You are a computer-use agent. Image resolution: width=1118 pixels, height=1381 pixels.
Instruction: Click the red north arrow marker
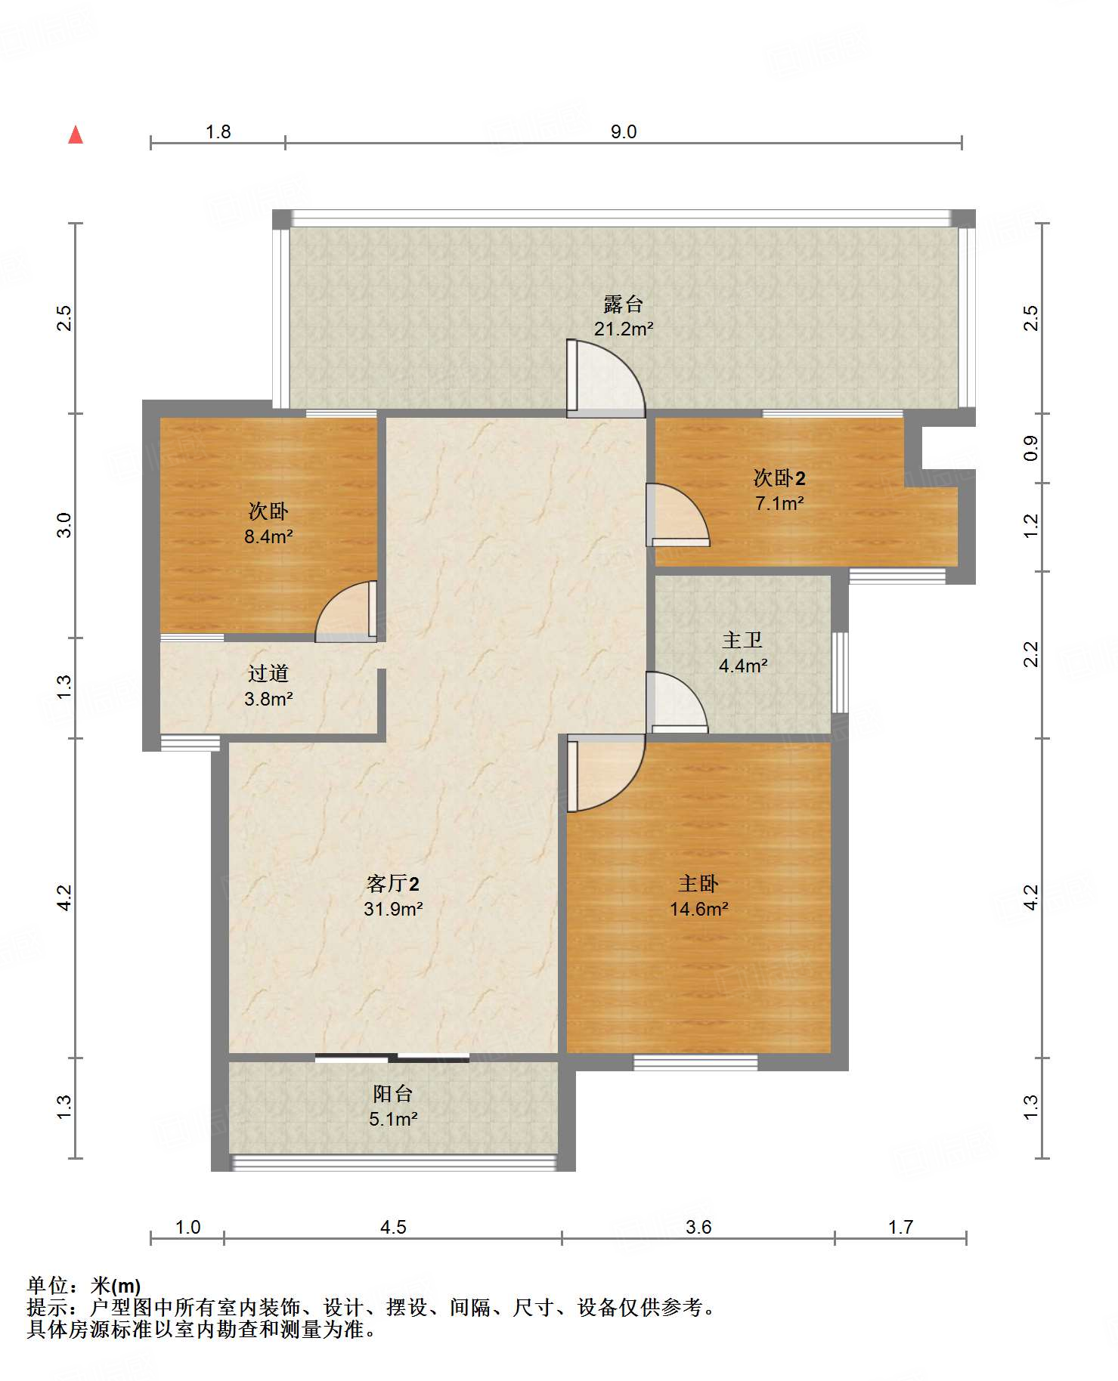pos(76,134)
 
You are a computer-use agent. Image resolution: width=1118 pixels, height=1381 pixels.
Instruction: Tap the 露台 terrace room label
pos(624,304)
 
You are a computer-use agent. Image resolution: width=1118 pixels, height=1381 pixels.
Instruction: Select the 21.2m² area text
pos(624,329)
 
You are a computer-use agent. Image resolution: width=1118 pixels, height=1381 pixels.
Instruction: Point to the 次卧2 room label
pos(779,478)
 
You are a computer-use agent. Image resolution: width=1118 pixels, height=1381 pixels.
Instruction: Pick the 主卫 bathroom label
pos(742,641)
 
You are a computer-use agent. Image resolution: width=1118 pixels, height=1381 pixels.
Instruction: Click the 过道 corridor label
pos(268,673)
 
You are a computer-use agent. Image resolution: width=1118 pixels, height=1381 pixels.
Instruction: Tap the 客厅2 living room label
pos(392,883)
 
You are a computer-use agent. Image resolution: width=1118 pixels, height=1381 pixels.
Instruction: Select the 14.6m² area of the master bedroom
pos(699,909)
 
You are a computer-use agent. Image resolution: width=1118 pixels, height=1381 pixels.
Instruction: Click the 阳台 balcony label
pos(393,1093)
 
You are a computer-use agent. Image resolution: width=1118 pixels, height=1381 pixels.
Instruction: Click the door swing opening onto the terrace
pos(605,378)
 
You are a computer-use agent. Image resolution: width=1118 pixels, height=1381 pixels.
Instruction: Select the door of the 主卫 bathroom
pos(677,702)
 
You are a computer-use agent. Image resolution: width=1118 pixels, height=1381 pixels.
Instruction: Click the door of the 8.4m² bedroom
pos(346,611)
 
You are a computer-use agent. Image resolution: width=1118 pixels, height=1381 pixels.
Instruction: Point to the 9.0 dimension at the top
pos(624,131)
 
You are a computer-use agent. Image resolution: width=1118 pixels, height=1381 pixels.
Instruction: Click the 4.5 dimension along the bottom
pos(393,1227)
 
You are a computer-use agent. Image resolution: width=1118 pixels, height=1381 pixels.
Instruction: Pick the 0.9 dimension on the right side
pos(1031,448)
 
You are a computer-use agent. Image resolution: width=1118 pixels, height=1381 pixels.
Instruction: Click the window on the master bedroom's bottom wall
pos(695,1062)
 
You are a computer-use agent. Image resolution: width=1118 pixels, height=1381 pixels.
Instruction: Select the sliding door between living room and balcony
pos(392,1058)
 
